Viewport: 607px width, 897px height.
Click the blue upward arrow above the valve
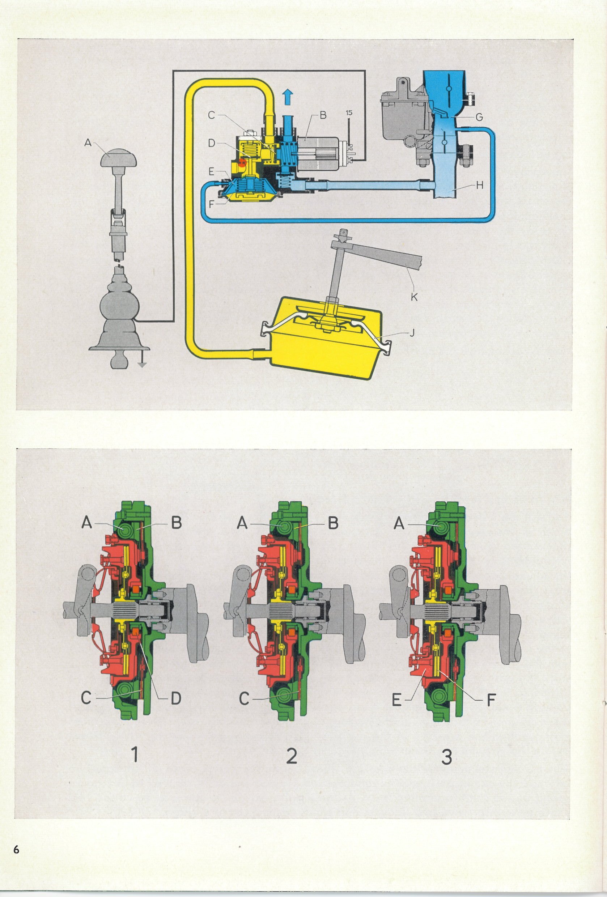click(x=286, y=95)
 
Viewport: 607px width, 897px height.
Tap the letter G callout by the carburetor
click(x=479, y=118)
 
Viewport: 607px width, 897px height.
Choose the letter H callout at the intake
click(x=479, y=186)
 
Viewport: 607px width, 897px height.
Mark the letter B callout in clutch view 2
click(x=333, y=523)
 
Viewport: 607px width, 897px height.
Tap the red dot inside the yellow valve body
click(x=242, y=163)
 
